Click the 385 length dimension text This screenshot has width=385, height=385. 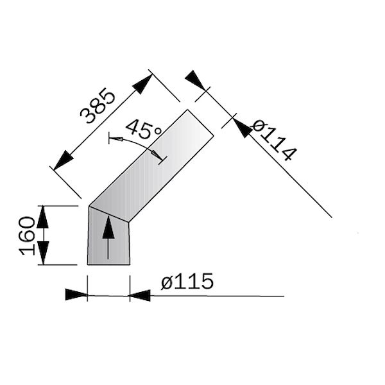pos(98,106)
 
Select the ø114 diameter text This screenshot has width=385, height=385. pos(274,140)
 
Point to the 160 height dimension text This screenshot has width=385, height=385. pos(26,235)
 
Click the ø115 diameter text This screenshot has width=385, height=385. pos(187,282)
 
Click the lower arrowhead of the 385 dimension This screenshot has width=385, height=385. pos(62,160)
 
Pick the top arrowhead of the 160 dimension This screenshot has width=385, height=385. pos(43,217)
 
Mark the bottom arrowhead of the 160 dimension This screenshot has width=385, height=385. pos(43,253)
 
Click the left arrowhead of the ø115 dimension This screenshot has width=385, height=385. pos(76,295)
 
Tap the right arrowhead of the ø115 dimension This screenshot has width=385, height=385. pos(140,295)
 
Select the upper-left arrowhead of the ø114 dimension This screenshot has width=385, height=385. pos(196,80)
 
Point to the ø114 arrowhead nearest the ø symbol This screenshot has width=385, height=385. pos(242,127)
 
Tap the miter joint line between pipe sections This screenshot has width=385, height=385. pos(110,214)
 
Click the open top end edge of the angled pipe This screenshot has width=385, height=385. pos(200,123)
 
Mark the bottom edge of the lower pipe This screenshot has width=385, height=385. pos(108,264)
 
